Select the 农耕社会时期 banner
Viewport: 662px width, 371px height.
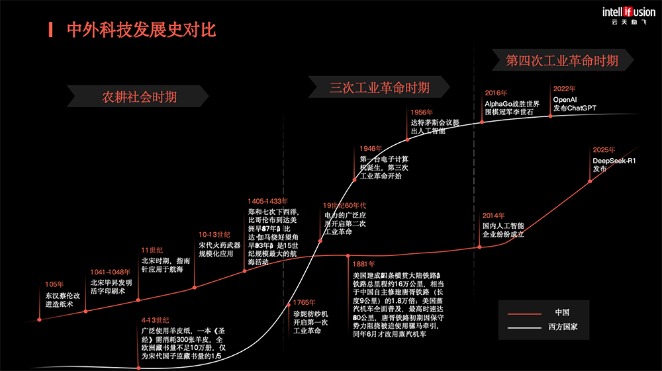click(x=139, y=97)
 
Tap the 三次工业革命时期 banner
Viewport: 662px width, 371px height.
click(x=379, y=87)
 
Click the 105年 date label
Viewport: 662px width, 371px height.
click(x=54, y=284)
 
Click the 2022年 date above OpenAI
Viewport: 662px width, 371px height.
click(x=564, y=88)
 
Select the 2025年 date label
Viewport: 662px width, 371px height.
click(x=604, y=150)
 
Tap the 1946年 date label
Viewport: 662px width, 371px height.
click(x=371, y=149)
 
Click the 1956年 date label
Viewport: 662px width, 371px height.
click(x=422, y=112)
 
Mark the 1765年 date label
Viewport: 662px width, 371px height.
click(x=305, y=303)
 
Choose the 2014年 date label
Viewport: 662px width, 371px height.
click(x=493, y=216)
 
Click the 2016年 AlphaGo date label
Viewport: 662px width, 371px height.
click(x=496, y=93)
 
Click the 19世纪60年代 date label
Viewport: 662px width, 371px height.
click(x=344, y=206)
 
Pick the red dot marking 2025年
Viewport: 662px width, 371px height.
click(x=590, y=181)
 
